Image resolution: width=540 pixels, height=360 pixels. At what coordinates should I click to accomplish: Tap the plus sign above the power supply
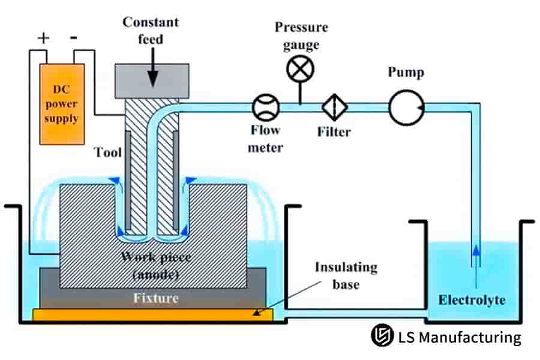(x=43, y=39)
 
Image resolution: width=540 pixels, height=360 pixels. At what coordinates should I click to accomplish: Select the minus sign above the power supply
(x=75, y=38)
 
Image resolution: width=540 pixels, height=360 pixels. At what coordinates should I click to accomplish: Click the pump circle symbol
(x=406, y=108)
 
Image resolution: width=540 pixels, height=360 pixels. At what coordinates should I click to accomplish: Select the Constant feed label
(x=151, y=31)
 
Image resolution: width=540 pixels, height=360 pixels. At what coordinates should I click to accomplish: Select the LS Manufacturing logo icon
(x=380, y=337)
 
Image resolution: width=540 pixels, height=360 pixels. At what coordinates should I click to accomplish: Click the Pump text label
(x=406, y=73)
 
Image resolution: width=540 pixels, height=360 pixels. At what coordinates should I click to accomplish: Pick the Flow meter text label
(x=264, y=139)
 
